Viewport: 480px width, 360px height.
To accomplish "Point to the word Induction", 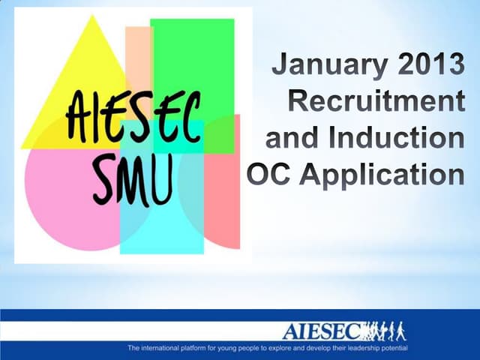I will tap(402, 139).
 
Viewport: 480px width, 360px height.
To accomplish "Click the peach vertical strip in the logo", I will tap(138, 52).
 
